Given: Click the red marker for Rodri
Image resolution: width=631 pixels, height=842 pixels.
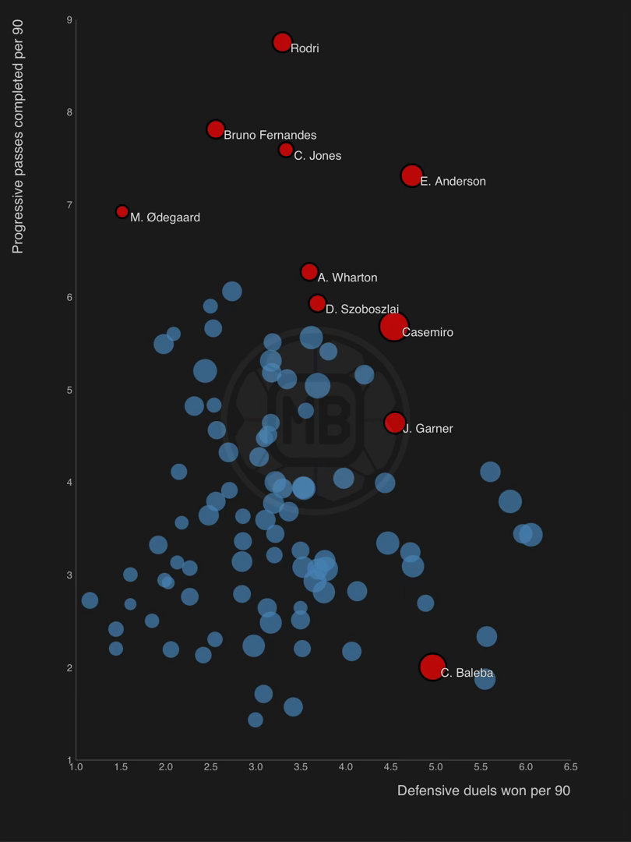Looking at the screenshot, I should (x=282, y=42).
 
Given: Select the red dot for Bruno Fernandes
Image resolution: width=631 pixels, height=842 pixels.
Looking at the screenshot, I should (x=216, y=129).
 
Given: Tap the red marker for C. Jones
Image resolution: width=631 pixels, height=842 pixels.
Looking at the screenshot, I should (x=286, y=150).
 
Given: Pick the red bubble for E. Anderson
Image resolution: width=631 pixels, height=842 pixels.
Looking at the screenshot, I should (x=411, y=175).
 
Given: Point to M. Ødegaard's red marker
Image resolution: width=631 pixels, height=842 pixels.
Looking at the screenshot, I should (x=122, y=211).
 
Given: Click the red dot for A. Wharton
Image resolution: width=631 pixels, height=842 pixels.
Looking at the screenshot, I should (x=309, y=272).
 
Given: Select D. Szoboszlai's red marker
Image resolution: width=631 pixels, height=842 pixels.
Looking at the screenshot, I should (x=317, y=303).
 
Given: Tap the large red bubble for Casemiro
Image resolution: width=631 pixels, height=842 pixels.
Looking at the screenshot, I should (x=394, y=327).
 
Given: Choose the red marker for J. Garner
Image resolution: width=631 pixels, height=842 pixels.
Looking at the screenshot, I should (x=395, y=423).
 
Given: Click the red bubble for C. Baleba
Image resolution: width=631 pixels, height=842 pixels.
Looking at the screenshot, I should (x=432, y=667).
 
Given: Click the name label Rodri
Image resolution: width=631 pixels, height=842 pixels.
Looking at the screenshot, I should (x=305, y=48).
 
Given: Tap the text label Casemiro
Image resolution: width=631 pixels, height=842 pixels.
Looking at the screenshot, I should (x=427, y=333).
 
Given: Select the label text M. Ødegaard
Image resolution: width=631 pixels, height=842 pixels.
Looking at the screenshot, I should (x=165, y=218).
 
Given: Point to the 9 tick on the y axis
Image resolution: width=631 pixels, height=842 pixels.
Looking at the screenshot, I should (x=69, y=19).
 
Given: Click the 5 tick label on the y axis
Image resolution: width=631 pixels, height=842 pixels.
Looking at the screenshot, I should (x=69, y=390).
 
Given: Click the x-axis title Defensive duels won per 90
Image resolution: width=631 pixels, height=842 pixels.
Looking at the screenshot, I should (x=483, y=791).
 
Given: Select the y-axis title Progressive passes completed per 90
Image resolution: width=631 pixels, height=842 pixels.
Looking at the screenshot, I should (x=18, y=136).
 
